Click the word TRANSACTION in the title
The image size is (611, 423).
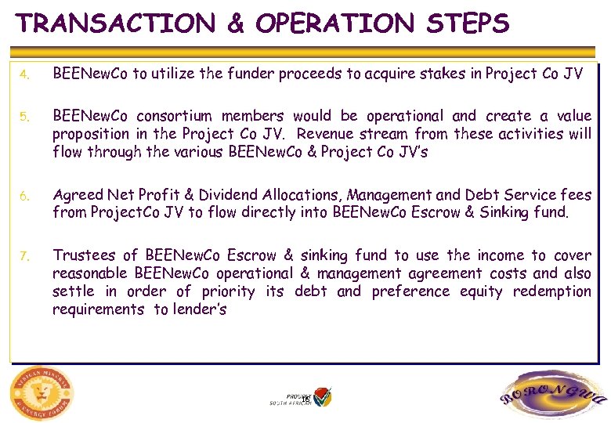coord(116,23)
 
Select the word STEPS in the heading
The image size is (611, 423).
coord(468,23)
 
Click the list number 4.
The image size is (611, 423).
coord(24,75)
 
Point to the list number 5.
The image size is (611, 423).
coord(24,117)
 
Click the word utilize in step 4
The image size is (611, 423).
coord(173,74)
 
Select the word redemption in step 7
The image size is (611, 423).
coord(550,291)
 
